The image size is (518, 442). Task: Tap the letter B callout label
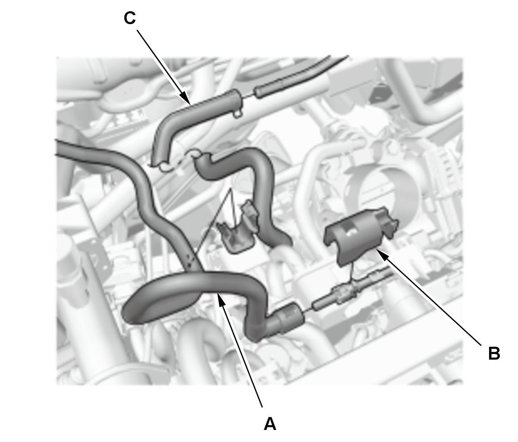[x=494, y=354]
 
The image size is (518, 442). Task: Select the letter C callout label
[x=130, y=18]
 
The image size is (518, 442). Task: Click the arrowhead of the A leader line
[x=220, y=298]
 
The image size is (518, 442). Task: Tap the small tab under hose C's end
[x=237, y=113]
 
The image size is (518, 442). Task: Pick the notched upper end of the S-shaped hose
[x=202, y=160]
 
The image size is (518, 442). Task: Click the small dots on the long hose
[x=190, y=261]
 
